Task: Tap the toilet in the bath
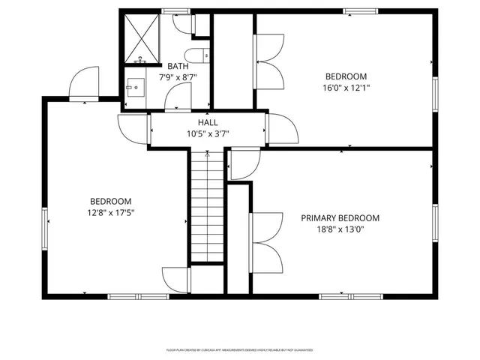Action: click(x=199, y=55)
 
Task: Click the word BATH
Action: click(x=177, y=66)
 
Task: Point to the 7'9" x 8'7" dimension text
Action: click(x=177, y=77)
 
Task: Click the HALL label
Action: click(x=208, y=122)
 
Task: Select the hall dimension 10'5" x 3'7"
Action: click(x=208, y=134)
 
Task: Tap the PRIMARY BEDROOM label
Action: click(x=340, y=218)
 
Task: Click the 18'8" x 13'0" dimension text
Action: click(x=340, y=230)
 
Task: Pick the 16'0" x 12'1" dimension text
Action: click(x=346, y=88)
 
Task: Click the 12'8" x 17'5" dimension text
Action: click(x=111, y=213)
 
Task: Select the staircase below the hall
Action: click(x=205, y=206)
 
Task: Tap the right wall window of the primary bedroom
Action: click(x=434, y=223)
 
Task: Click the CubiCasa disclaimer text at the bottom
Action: click(x=239, y=349)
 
